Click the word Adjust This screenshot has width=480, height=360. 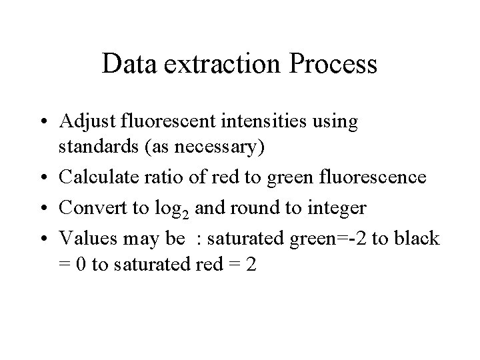85,123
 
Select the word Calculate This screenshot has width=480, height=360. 93,178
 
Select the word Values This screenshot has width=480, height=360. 83,239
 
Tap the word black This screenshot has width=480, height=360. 419,239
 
